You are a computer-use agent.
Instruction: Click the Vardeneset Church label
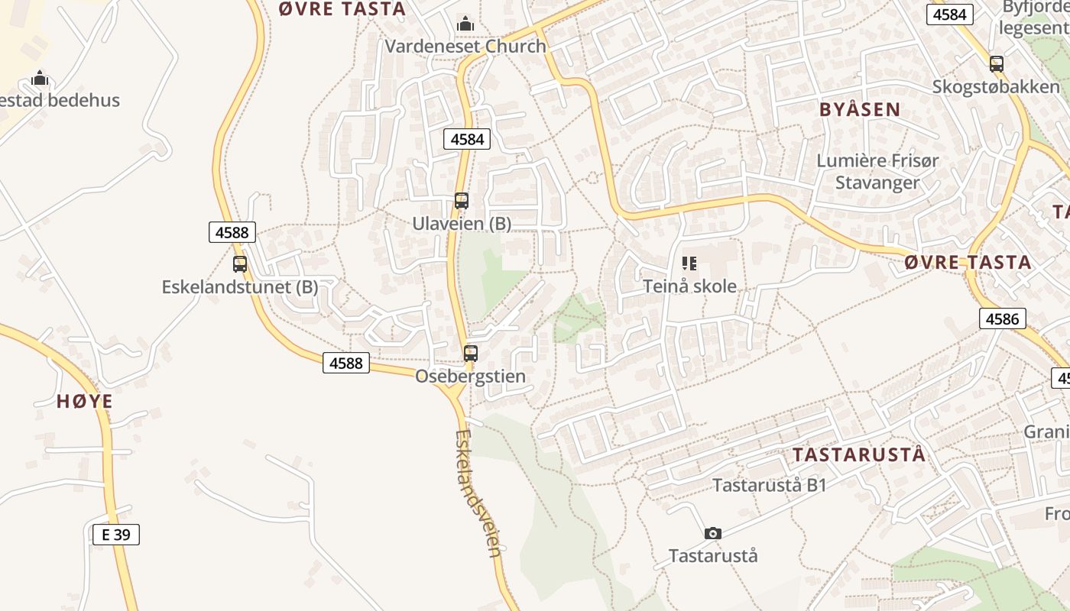[x=465, y=46]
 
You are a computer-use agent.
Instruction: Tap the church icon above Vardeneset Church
[x=465, y=24]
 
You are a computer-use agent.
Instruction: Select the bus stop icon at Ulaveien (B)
[x=462, y=201]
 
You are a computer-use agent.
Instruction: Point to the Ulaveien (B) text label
[x=462, y=224]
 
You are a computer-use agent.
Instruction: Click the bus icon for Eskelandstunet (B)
[x=240, y=264]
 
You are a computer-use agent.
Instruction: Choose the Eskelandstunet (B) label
[x=240, y=287]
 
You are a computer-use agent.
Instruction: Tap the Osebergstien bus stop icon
[x=471, y=354]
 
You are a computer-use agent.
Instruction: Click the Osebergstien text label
[x=471, y=377]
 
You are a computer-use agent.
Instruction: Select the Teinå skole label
[x=690, y=286]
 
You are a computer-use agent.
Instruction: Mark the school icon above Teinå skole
[x=689, y=264]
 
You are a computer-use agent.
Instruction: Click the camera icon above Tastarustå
[x=713, y=533]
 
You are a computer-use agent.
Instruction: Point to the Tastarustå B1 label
[x=770, y=485]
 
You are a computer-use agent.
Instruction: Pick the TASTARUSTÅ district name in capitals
[x=858, y=455]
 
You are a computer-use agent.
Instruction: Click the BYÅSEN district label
[x=860, y=109]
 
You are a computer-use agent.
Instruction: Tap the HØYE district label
[x=85, y=401]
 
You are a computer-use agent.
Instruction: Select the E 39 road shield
[x=116, y=535]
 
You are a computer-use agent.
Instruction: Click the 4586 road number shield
[x=1002, y=318]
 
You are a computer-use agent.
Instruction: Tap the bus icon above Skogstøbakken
[x=997, y=64]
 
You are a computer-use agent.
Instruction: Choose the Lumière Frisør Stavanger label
[x=877, y=172]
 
